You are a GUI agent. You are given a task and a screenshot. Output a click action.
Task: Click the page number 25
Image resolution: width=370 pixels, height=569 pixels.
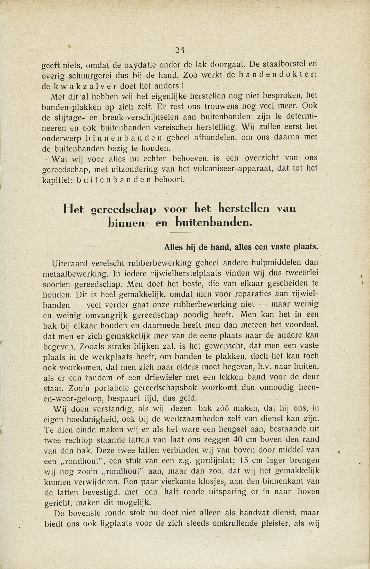(x=179, y=50)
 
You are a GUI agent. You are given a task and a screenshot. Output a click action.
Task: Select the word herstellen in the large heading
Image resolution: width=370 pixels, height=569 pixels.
(x=244, y=208)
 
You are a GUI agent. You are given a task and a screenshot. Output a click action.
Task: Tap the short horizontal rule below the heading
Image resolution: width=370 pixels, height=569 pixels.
(x=181, y=232)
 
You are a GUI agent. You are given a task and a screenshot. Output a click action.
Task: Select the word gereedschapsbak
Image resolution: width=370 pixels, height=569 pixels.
(x=159, y=388)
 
